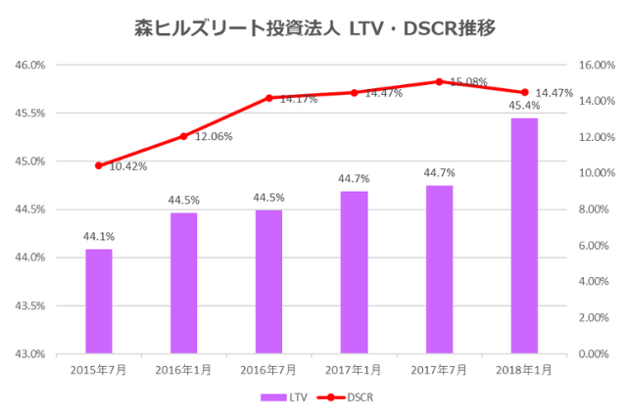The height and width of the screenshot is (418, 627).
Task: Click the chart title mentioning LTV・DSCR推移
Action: coord(313,27)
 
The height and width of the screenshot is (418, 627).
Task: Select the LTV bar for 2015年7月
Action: coord(98,301)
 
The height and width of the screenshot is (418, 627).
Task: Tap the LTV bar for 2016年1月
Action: coord(183,282)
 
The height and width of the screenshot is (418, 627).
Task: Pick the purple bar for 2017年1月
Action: coord(354,271)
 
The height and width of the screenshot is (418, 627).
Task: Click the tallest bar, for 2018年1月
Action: coord(524,235)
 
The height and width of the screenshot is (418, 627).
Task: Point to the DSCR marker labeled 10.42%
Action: coord(98,165)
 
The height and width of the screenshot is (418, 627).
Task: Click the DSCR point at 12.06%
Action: coord(183,136)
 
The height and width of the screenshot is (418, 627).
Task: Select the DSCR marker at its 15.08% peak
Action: coord(439,81)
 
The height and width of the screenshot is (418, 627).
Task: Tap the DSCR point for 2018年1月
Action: coord(524,93)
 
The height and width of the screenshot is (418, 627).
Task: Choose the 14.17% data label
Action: coord(298,99)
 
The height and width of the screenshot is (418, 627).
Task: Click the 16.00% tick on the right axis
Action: coord(597,66)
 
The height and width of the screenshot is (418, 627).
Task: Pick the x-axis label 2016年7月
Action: coord(268,370)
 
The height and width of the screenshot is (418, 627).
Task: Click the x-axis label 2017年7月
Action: coord(439,370)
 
